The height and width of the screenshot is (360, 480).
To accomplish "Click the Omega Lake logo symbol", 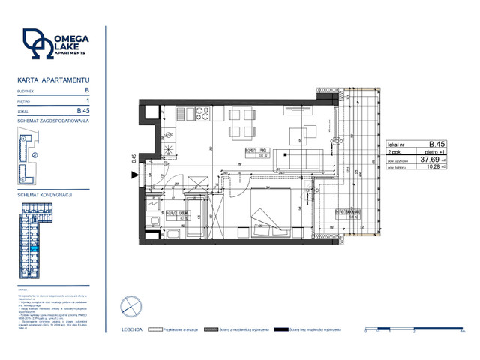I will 38,44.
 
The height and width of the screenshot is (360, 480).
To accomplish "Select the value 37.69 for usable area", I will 429,159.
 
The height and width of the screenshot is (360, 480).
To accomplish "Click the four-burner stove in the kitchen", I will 202,114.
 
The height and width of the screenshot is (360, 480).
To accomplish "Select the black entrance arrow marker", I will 135,175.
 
